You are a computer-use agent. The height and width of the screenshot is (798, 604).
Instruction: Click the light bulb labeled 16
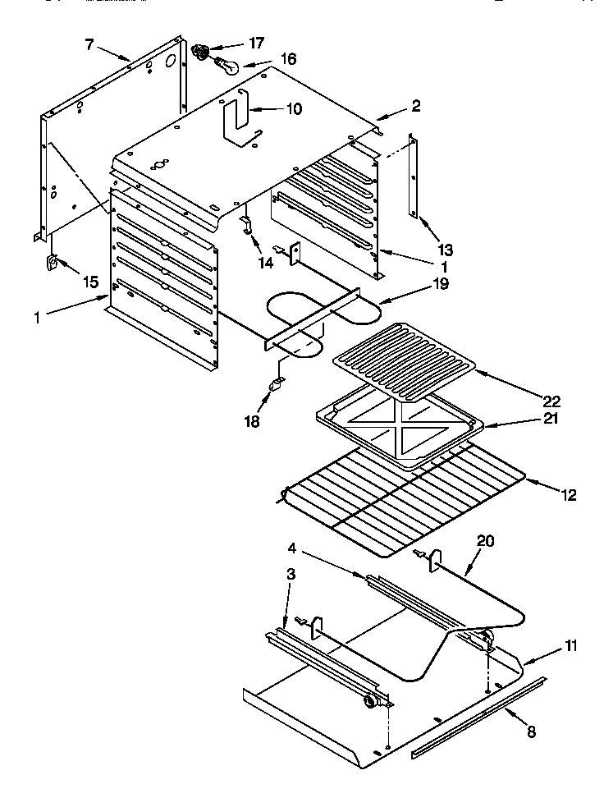coord(226,65)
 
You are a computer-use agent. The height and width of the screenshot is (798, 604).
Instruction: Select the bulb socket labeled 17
coord(199,53)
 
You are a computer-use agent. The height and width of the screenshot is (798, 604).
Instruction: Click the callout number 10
coord(270,108)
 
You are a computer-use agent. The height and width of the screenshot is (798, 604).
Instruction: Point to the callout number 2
coord(416,105)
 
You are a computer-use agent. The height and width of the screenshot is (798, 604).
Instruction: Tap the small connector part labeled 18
coord(278,383)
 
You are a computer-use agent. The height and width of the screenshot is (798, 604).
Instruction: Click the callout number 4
coord(292,547)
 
